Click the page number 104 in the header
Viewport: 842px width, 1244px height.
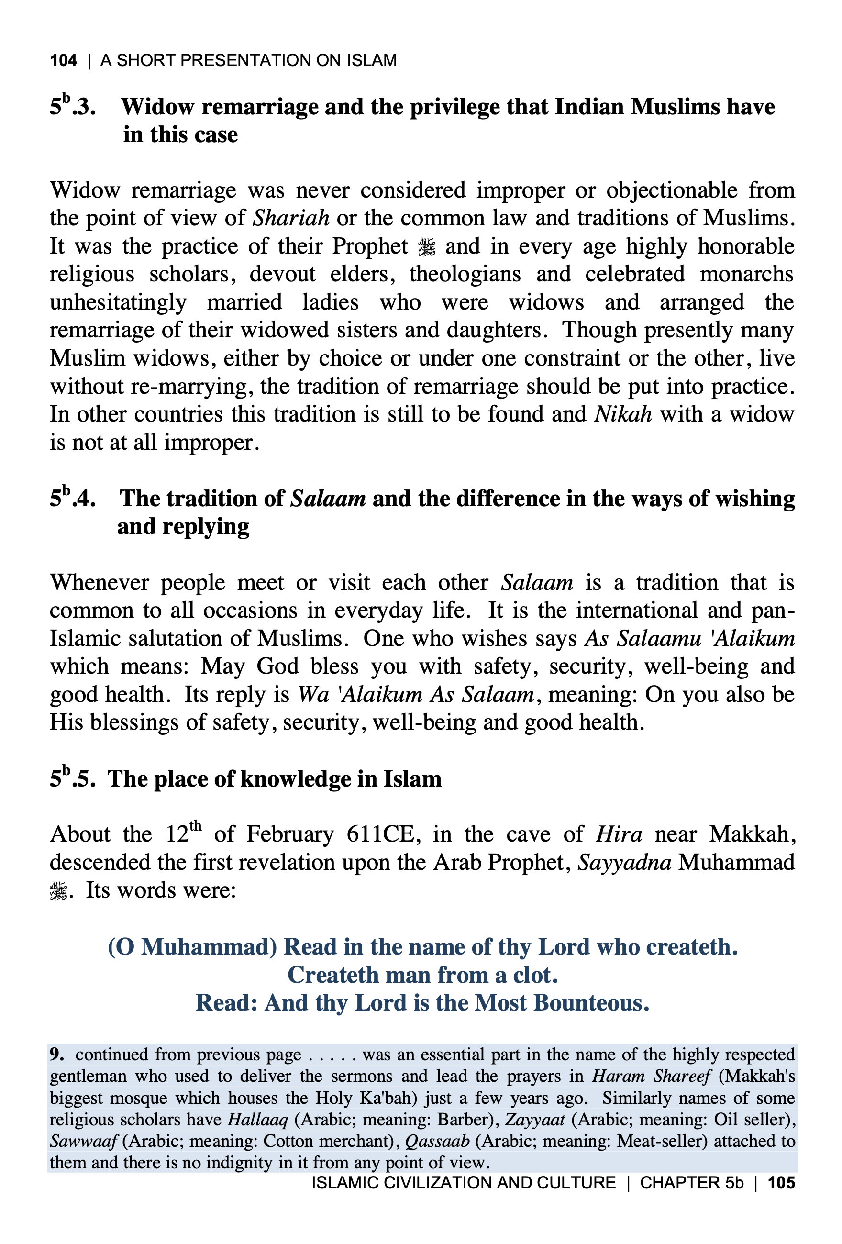[63, 60]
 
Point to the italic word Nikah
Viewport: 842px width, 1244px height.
[622, 414]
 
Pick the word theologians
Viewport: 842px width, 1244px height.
[465, 274]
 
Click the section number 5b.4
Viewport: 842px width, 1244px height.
[73, 499]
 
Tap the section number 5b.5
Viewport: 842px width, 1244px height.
[73, 779]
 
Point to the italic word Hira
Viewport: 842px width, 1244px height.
[619, 834]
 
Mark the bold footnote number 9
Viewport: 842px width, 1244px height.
[57, 1054]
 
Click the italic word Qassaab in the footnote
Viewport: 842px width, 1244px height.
[437, 1141]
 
